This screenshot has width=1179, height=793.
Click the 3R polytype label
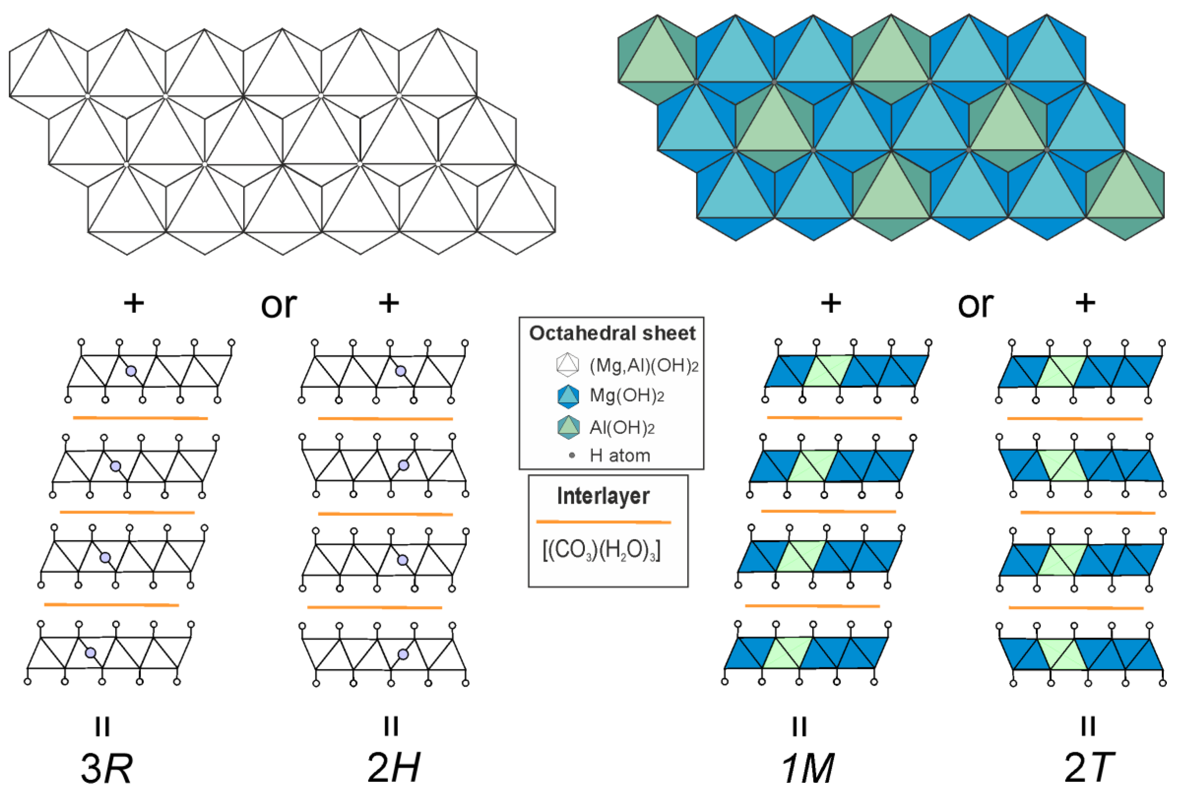tap(107, 768)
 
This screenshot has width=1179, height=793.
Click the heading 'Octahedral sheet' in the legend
tap(612, 333)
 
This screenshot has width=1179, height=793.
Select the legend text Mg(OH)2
tap(627, 396)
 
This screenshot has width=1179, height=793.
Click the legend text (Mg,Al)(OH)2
tap(644, 365)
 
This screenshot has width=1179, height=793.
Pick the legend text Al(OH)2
tap(622, 428)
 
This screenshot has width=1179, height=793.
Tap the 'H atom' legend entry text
tap(619, 456)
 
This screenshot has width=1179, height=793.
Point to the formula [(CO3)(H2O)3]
tap(602, 550)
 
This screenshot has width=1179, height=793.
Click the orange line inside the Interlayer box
tap(603, 521)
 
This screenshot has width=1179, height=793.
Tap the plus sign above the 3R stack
tap(134, 303)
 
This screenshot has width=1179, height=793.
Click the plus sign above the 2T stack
tap(1085, 303)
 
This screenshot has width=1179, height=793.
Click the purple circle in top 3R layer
tap(131, 371)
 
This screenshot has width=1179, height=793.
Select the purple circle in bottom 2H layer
tap(403, 654)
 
